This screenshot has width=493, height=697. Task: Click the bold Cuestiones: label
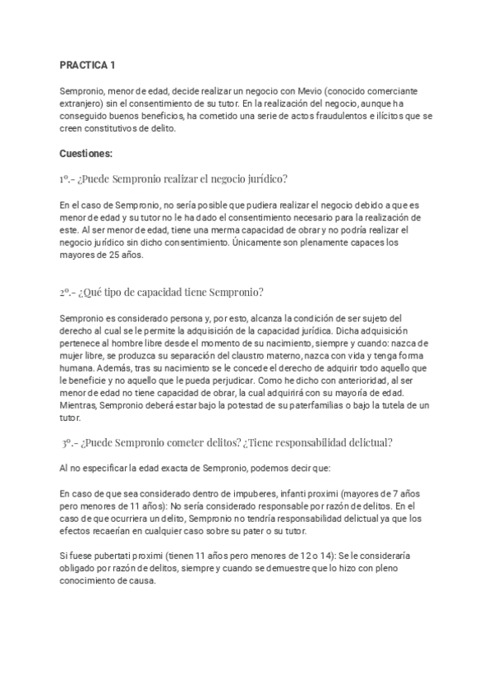(x=86, y=154)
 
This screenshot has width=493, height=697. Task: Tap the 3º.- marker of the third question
(x=71, y=442)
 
